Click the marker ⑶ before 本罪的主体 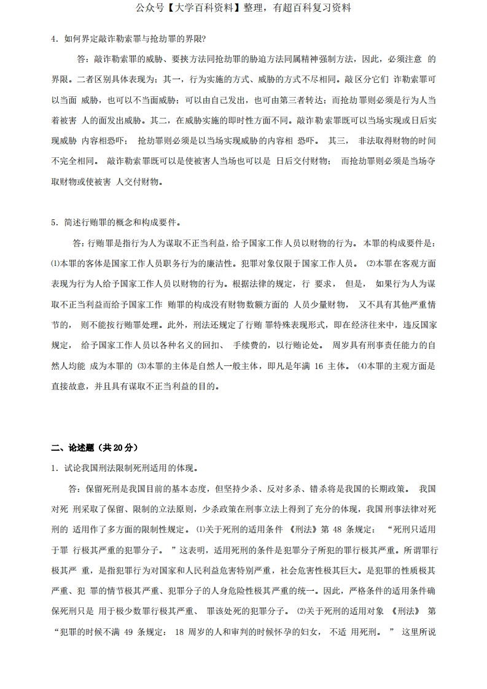tap(141, 367)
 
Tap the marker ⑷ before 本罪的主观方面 tap(362, 367)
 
